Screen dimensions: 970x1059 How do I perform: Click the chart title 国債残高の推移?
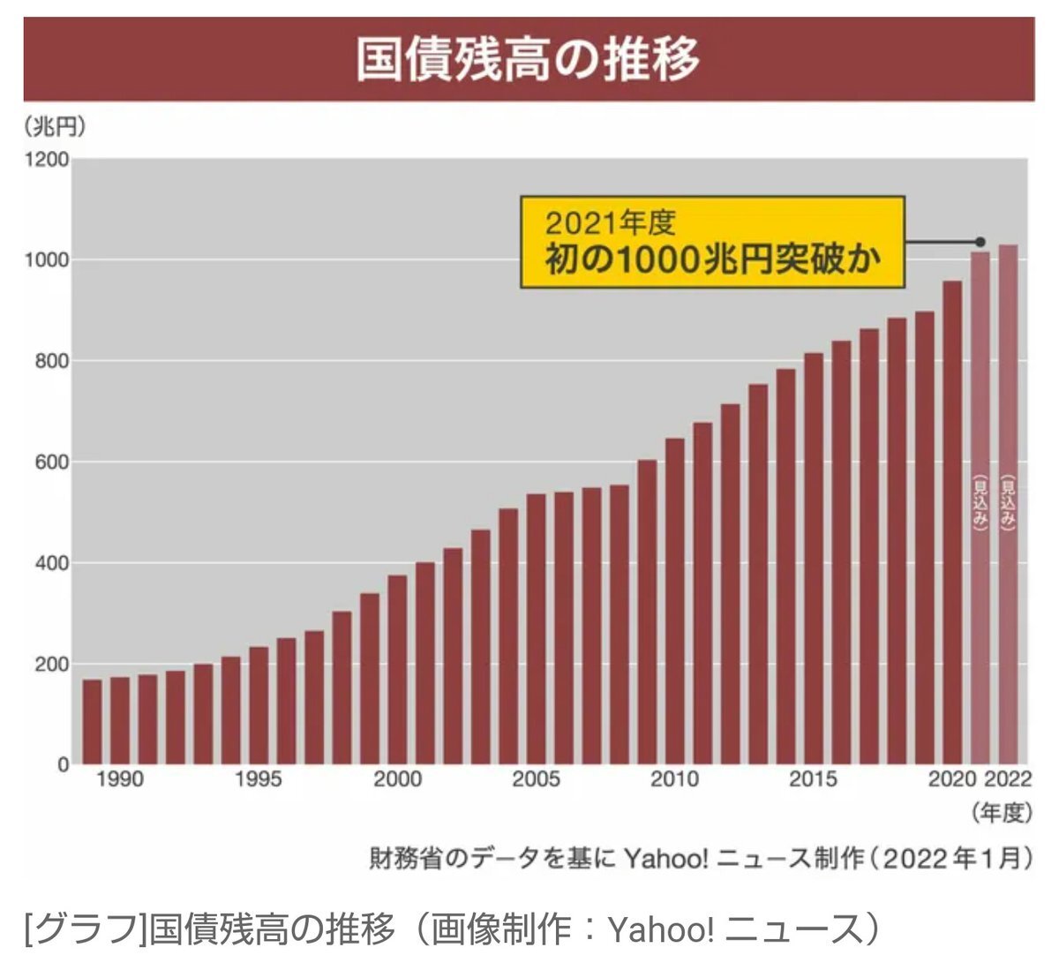click(x=528, y=59)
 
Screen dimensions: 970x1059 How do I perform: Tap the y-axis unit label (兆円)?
click(x=56, y=127)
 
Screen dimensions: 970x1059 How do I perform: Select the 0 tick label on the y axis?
click(x=63, y=765)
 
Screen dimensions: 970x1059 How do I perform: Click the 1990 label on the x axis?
click(x=119, y=779)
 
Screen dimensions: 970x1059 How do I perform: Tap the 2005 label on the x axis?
click(x=536, y=779)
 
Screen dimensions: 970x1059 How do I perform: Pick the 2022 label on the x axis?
click(x=1008, y=779)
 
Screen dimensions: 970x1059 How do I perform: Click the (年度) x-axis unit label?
click(x=1001, y=813)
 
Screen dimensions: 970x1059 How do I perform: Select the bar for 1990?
click(x=119, y=720)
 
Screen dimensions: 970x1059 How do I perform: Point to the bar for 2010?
click(x=674, y=600)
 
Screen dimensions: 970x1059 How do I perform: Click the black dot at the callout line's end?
click(x=980, y=242)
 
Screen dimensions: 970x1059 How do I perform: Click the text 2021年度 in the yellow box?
click(x=611, y=222)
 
